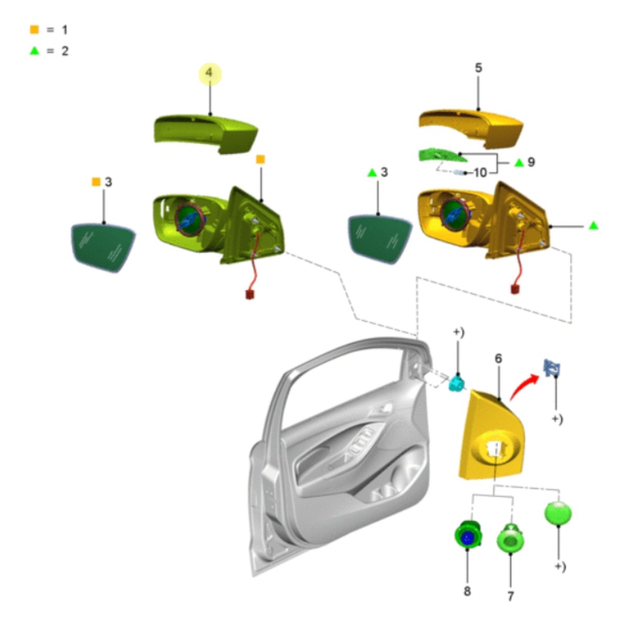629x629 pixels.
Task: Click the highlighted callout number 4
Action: click(210, 73)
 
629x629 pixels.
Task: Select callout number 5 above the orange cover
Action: click(478, 68)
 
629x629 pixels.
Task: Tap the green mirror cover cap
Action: click(206, 133)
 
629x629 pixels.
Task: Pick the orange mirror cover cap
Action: click(471, 128)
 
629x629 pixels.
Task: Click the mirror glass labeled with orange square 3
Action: click(103, 247)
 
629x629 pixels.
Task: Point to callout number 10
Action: click(480, 172)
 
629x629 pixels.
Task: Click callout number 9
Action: click(532, 161)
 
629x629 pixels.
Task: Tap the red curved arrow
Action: click(523, 386)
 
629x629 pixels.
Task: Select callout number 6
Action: click(498, 359)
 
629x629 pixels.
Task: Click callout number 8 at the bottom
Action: click(467, 591)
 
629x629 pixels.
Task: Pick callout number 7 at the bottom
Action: click(511, 596)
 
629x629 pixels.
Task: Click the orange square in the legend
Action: click(34, 30)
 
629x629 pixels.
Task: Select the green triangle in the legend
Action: click(34, 51)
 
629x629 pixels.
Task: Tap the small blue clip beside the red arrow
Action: click(551, 368)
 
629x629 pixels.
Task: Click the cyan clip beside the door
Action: click(457, 383)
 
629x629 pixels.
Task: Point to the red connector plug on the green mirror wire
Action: click(250, 295)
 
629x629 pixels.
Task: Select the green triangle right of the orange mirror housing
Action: click(593, 225)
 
